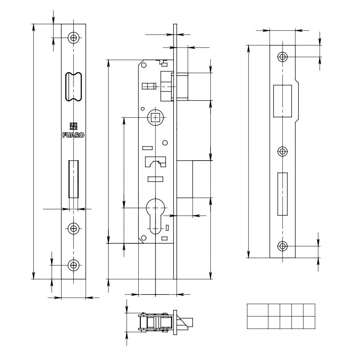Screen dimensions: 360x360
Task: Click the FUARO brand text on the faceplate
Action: click(x=73, y=136)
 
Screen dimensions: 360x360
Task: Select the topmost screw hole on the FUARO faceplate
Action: click(x=74, y=38)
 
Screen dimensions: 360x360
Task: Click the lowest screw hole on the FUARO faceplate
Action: click(x=74, y=265)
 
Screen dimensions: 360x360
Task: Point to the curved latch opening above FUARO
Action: click(x=73, y=87)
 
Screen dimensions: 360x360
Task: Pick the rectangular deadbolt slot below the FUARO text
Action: click(x=73, y=179)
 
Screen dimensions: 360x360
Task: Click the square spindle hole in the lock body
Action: click(x=156, y=117)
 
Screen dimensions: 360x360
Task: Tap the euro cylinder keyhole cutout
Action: click(x=156, y=216)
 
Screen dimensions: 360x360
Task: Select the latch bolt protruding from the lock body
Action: click(x=182, y=86)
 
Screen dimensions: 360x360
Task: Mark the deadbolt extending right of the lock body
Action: click(x=185, y=179)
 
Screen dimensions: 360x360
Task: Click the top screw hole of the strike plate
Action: click(x=283, y=57)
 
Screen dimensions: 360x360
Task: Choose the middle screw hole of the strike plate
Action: click(x=283, y=152)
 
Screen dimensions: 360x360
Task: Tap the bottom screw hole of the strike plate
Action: click(x=283, y=246)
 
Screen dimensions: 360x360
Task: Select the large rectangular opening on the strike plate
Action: click(x=283, y=101)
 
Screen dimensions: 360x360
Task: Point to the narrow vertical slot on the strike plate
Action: click(x=283, y=194)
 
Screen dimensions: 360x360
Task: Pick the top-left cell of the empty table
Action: click(x=257, y=310)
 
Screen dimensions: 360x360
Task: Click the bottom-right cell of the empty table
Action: click(x=309, y=322)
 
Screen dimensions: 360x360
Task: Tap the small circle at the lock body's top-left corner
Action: click(x=144, y=65)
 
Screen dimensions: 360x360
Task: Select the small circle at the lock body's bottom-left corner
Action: click(x=144, y=238)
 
